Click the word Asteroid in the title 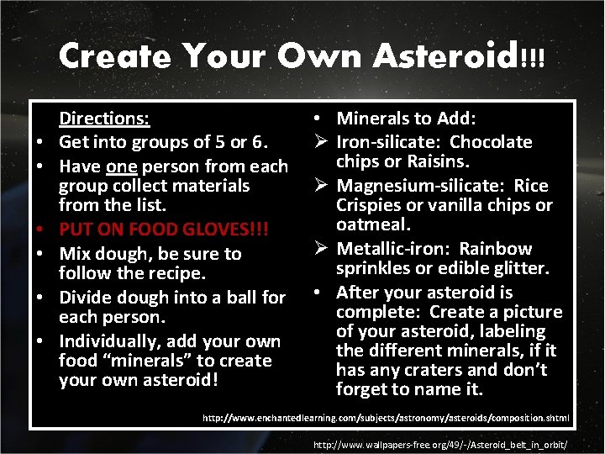445,56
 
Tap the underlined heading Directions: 103,119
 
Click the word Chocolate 491,142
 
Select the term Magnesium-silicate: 418,186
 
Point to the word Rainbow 495,249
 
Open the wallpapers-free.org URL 439,444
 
